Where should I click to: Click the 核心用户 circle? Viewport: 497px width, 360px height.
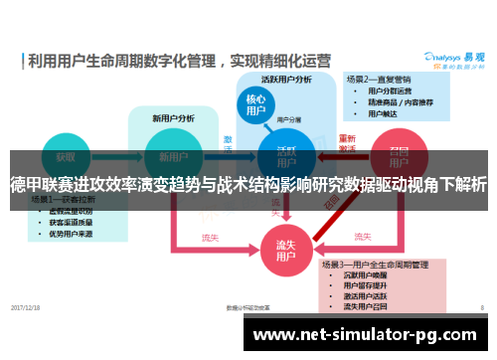255,106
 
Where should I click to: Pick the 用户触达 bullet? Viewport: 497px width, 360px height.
384,112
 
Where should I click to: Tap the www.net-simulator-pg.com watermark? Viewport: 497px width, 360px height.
373,337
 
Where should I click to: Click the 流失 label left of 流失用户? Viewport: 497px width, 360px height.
210,238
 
